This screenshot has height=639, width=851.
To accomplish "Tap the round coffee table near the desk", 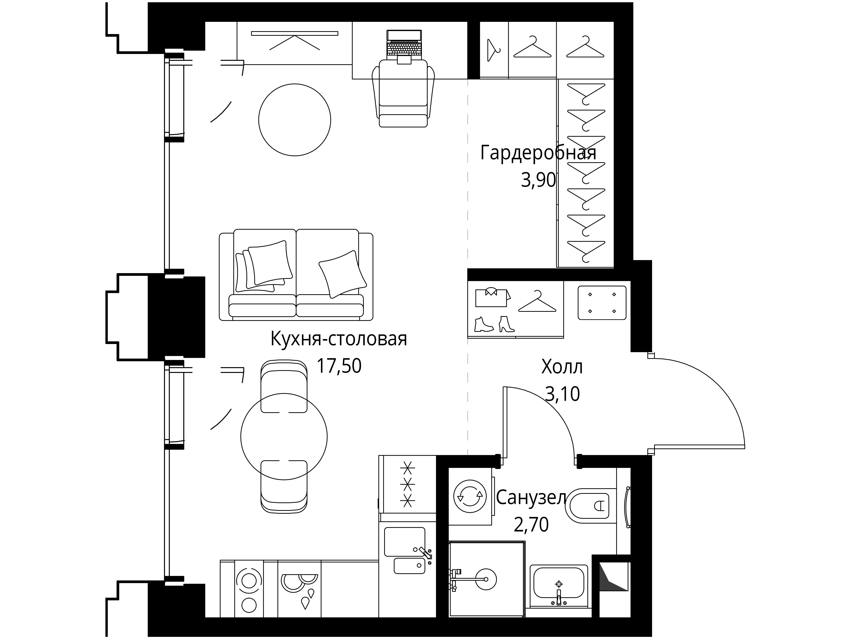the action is tap(295, 120).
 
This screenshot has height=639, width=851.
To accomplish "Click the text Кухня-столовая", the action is tap(339, 339).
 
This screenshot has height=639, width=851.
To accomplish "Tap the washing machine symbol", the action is tap(470, 496).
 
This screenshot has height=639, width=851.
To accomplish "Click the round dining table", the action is tap(284, 437).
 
